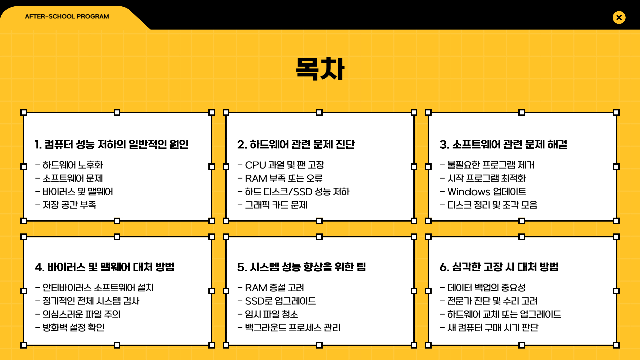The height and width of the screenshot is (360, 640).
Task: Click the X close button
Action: tap(619, 17)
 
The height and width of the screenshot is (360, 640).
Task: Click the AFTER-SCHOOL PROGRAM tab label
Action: tap(67, 16)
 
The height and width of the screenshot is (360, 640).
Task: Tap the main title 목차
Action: tap(320, 69)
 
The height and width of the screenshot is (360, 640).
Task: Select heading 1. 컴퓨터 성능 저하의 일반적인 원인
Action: tap(112, 144)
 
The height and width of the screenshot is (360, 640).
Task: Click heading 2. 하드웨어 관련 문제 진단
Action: tap(296, 144)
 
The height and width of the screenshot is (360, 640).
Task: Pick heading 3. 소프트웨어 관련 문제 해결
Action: tap(503, 144)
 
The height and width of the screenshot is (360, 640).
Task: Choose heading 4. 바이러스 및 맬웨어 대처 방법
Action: tap(105, 267)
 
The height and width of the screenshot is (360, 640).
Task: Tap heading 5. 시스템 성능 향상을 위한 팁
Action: tap(302, 267)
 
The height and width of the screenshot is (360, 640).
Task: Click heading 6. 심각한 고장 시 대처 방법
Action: tap(499, 267)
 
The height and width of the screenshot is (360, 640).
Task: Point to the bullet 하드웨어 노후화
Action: tap(73, 165)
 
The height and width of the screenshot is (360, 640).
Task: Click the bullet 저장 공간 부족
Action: tap(69, 205)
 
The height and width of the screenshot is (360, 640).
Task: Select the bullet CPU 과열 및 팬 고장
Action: tap(284, 165)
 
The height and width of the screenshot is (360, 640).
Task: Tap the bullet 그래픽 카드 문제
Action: tap(276, 205)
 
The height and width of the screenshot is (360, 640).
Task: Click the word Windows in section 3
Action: tap(468, 192)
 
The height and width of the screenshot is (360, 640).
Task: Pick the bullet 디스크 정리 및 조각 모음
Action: tap(492, 205)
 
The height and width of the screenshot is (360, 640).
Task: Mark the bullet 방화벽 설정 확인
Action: tap(73, 327)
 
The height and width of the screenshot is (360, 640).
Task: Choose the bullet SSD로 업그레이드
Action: tap(280, 301)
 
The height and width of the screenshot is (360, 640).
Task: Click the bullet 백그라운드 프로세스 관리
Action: tap(293, 327)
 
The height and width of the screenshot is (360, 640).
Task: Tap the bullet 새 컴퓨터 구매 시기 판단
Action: tap(493, 327)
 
